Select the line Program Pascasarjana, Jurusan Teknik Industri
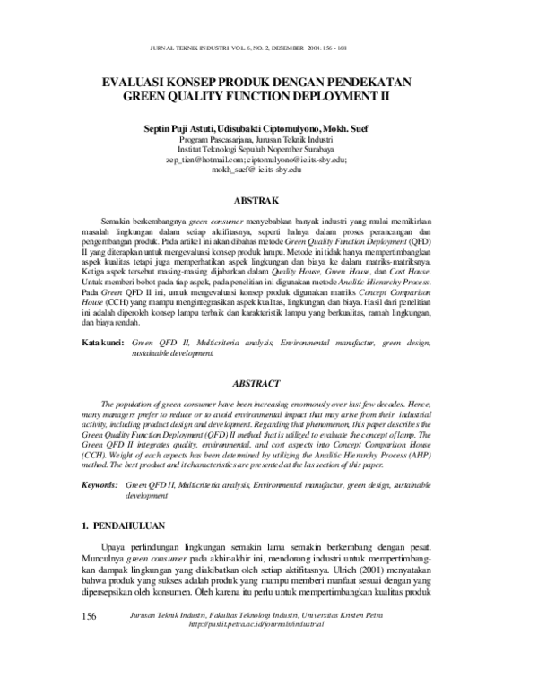tap(270, 141)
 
